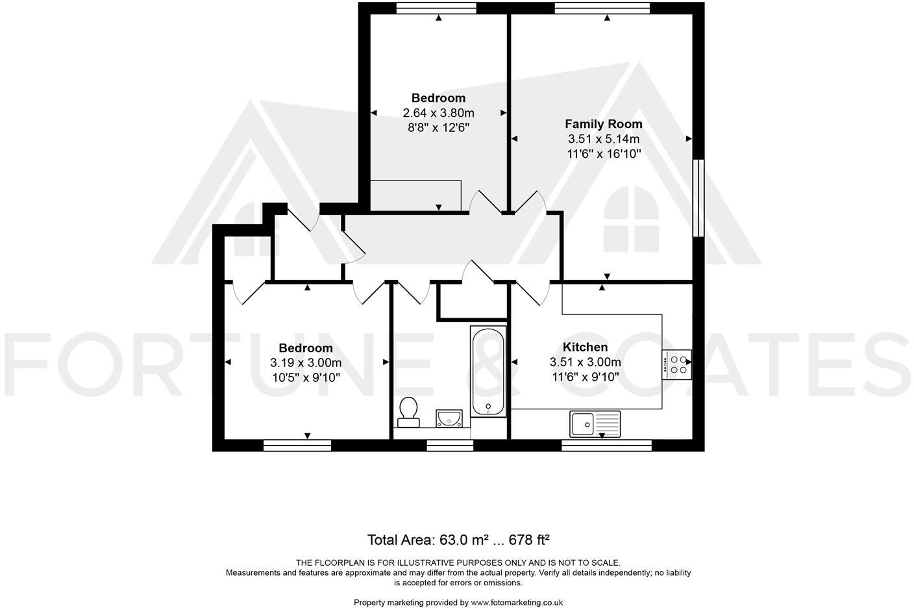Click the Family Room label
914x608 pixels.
[603, 123]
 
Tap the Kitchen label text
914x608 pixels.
[585, 347]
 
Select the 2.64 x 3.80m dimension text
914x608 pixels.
[438, 113]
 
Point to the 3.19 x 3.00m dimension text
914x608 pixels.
[306, 363]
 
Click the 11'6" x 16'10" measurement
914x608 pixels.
[603, 154]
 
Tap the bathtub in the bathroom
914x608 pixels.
[488, 372]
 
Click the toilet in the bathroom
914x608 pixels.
[408, 412]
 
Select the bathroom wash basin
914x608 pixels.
[449, 417]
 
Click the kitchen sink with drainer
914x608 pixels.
[595, 424]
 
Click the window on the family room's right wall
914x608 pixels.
[698, 198]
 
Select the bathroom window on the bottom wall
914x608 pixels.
[450, 445]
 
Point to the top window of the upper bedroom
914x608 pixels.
[436, 8]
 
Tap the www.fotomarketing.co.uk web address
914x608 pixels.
[517, 603]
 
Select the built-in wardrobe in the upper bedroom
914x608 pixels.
[415, 196]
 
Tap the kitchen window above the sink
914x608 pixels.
[606, 445]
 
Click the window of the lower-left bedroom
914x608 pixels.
[297, 445]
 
